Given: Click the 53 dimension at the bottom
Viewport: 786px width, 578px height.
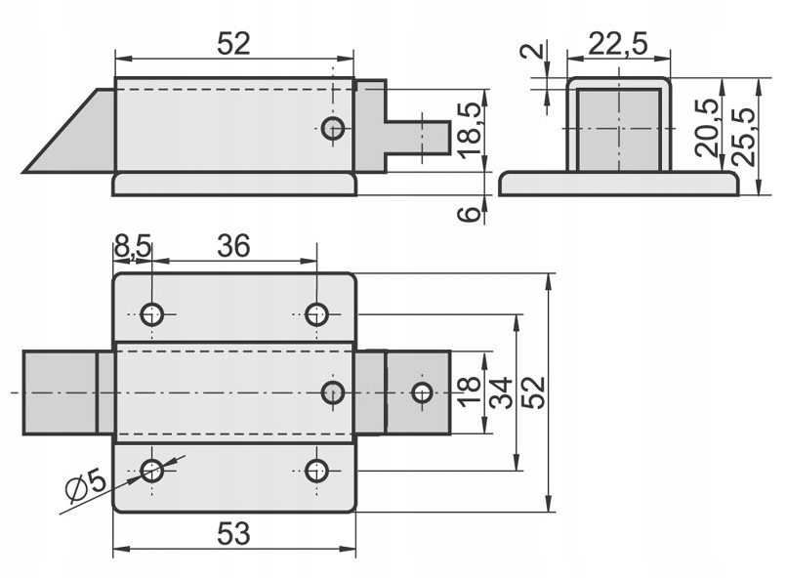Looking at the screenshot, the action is pyautogui.click(x=234, y=533).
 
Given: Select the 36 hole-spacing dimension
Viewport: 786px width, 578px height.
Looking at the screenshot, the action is pyautogui.click(x=233, y=246).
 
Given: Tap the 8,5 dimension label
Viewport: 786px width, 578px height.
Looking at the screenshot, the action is pyautogui.click(x=133, y=246).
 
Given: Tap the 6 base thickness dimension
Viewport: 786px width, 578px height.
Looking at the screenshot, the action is pyautogui.click(x=471, y=212).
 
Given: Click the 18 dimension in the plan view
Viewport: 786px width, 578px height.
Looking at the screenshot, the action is pyautogui.click(x=469, y=392).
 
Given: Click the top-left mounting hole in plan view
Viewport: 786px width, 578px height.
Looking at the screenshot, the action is pyautogui.click(x=151, y=313).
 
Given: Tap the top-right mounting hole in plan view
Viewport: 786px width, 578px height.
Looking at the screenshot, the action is pyautogui.click(x=315, y=313).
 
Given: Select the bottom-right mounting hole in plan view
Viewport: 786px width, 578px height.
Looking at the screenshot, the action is pyautogui.click(x=315, y=471).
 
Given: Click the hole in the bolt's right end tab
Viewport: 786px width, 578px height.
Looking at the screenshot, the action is pyautogui.click(x=422, y=392).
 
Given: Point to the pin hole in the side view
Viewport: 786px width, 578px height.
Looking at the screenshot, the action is pyautogui.click(x=334, y=128).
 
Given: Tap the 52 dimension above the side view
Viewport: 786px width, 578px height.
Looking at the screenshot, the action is pyautogui.click(x=234, y=43).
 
